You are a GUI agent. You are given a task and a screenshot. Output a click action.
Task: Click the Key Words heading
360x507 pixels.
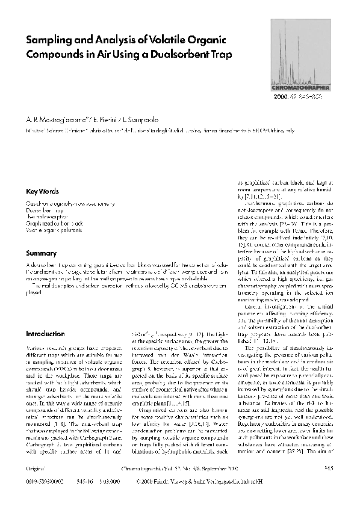point(42,191)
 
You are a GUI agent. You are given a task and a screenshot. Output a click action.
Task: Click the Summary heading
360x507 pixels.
point(40,253)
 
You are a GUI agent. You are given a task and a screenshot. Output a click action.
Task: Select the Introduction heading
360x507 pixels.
point(45,333)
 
